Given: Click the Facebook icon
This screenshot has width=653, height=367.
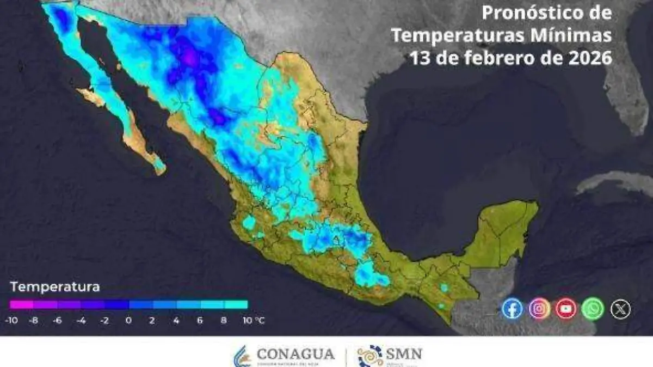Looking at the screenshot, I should (x=512, y=309).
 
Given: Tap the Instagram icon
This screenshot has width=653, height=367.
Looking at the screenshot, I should (x=539, y=309).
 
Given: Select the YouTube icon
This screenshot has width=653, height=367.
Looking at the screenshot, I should (x=566, y=309).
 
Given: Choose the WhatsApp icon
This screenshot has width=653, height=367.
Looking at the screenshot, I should (x=593, y=309).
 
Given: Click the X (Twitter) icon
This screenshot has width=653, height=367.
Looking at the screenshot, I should (x=620, y=309).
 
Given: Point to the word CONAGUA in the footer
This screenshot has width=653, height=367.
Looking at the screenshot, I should (x=295, y=354).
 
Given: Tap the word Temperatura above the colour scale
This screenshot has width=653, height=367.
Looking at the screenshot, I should (x=55, y=286).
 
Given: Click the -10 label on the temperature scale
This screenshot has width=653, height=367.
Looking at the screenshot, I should (x=10, y=321).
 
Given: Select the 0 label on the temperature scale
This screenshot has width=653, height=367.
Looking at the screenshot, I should (x=128, y=321).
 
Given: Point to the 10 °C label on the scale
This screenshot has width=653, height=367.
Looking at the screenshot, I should (x=253, y=321).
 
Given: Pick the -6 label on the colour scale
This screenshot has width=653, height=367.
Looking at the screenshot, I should (x=57, y=321).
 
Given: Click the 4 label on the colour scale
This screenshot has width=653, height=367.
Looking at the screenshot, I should (x=176, y=321).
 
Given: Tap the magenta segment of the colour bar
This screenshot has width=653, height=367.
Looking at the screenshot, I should (x=21, y=305).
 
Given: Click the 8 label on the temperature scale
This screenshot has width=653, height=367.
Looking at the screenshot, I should (x=224, y=321).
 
